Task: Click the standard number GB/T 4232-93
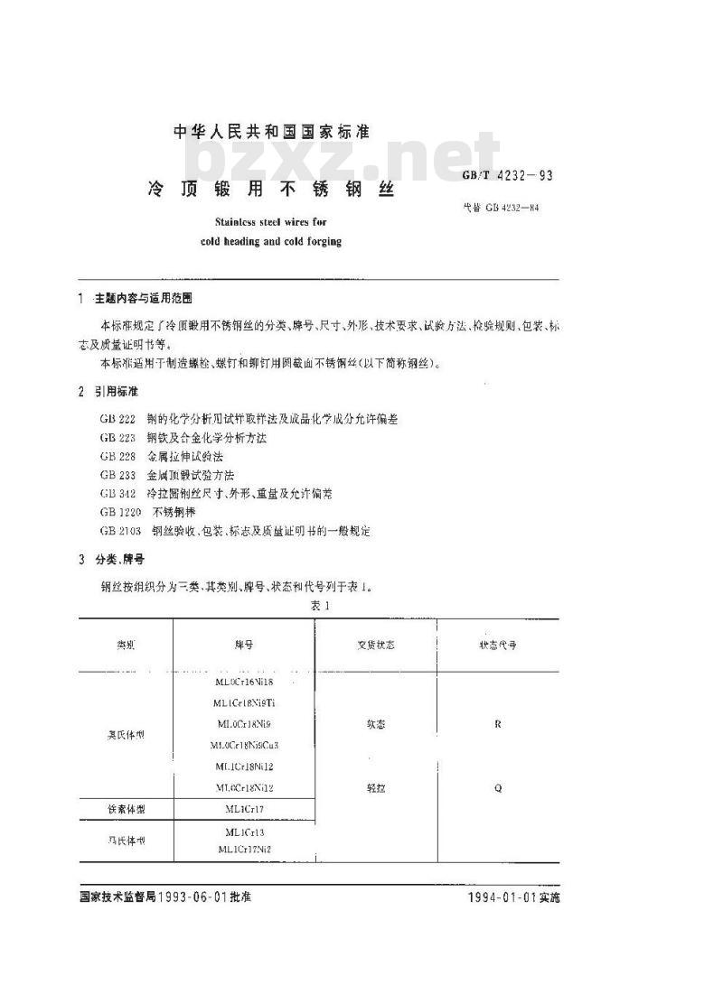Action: (506, 176)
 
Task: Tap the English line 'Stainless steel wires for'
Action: (271, 225)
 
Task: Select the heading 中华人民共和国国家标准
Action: (271, 132)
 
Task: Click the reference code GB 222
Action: (117, 420)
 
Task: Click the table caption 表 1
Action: (320, 606)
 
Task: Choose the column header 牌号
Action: (243, 646)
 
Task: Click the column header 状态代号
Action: (498, 646)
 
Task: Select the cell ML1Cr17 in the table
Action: (243, 809)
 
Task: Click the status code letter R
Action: (498, 724)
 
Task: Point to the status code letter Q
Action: (498, 787)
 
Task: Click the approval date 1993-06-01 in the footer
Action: (203, 898)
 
